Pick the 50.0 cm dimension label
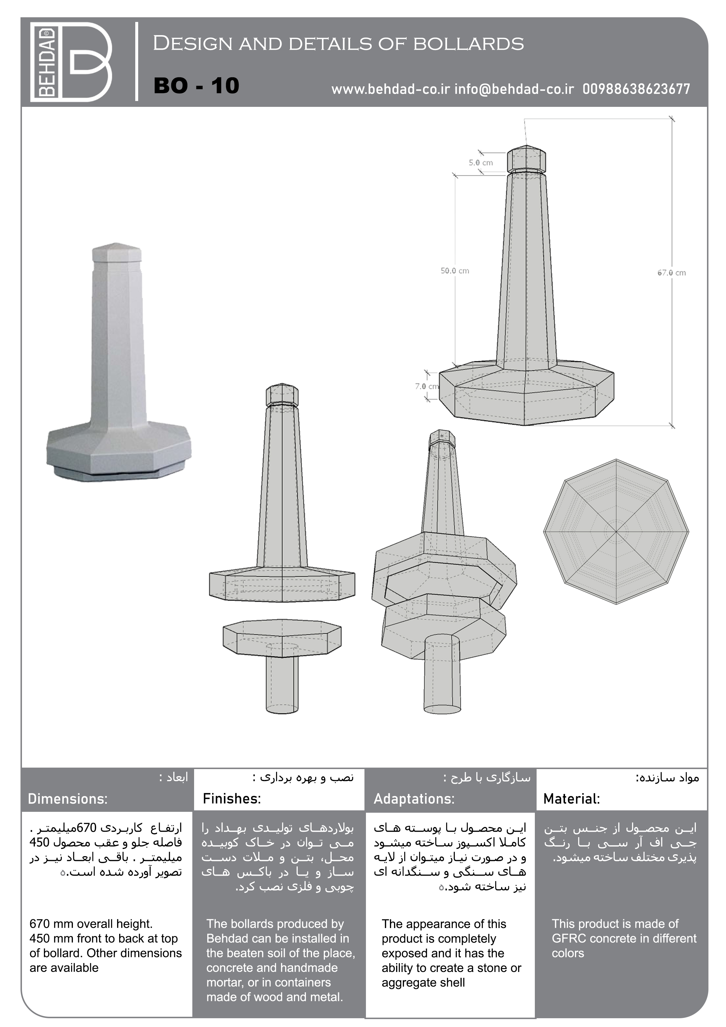pyautogui.click(x=454, y=271)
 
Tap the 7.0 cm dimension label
pyautogui.click(x=426, y=386)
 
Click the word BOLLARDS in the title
pyautogui.click(x=468, y=44)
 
